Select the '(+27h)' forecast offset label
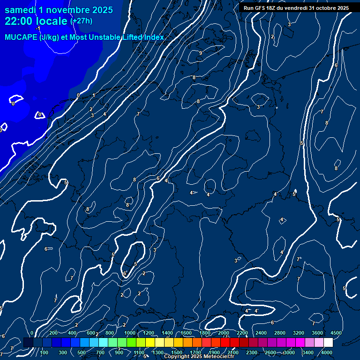81,21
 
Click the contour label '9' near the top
201,53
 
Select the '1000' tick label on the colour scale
130,333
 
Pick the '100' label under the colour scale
44,352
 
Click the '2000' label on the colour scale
224,333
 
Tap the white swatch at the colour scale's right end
328,343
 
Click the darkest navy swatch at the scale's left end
28,343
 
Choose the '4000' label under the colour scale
327,352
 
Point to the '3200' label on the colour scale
299,333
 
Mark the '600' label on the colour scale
91,333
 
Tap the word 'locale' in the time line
52,21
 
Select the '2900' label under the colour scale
289,352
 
